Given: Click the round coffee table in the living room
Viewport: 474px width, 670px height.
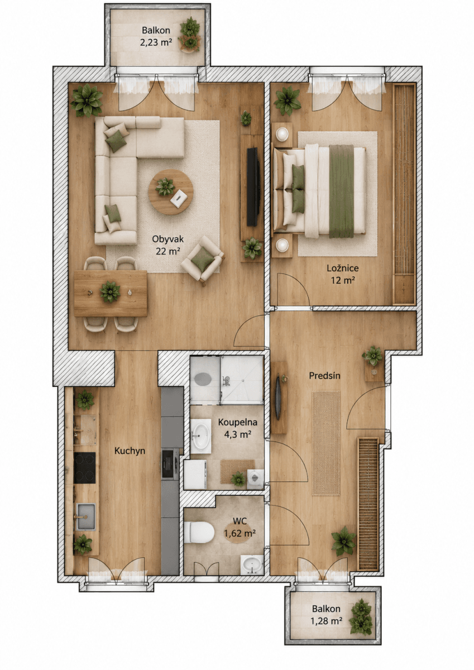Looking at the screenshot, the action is (171, 192).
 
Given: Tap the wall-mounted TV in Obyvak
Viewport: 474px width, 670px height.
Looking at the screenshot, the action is (252, 186).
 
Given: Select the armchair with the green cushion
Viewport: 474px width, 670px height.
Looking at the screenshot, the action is (203, 261).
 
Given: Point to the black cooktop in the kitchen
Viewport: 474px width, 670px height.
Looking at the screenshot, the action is (85, 467).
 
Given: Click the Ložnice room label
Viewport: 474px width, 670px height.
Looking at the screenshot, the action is (342, 268).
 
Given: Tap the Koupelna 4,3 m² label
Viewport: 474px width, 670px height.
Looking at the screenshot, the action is (237, 428).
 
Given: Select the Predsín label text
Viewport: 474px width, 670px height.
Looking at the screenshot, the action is (324, 376).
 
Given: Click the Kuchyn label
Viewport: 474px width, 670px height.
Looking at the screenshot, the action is (130, 451).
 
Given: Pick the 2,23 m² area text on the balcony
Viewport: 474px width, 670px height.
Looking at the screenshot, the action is (156, 42).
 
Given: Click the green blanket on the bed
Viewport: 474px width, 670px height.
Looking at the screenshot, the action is (341, 191).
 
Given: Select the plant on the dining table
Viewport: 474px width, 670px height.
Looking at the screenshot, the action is (110, 291).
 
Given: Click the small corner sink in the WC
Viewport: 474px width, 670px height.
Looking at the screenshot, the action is (252, 564).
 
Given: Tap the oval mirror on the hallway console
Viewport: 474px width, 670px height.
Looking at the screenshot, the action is (278, 398).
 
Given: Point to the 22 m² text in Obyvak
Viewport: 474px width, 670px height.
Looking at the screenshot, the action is (167, 251).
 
